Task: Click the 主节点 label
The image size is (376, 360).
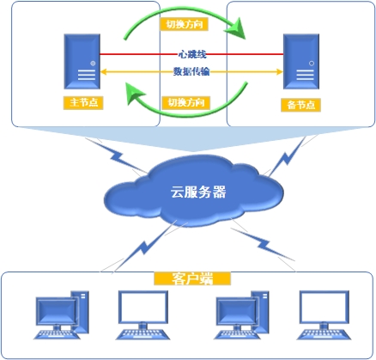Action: [x=83, y=102]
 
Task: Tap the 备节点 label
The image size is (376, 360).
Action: [x=300, y=105]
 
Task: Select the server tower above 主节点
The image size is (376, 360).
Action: [x=82, y=61]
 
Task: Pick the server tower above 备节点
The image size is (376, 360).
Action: [x=301, y=61]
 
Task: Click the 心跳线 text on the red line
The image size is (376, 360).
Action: [x=192, y=54]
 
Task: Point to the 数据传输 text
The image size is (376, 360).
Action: [x=191, y=71]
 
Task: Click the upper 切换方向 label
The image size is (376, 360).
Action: [x=184, y=24]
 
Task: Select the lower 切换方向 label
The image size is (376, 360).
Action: [x=186, y=102]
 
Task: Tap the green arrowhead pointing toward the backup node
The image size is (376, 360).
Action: [x=236, y=28]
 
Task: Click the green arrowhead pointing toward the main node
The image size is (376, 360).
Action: [x=135, y=92]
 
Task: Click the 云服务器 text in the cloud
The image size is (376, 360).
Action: [x=198, y=192]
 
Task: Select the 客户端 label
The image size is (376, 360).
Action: [x=192, y=278]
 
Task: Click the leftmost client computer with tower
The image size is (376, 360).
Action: [x=62, y=315]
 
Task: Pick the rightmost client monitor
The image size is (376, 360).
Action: [x=324, y=315]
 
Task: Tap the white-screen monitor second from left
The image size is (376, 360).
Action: [x=143, y=315]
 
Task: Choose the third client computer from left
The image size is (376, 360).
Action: [x=242, y=315]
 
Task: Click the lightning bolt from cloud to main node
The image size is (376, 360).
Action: [x=117, y=156]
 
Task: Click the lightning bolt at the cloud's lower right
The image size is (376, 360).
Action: [x=263, y=244]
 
